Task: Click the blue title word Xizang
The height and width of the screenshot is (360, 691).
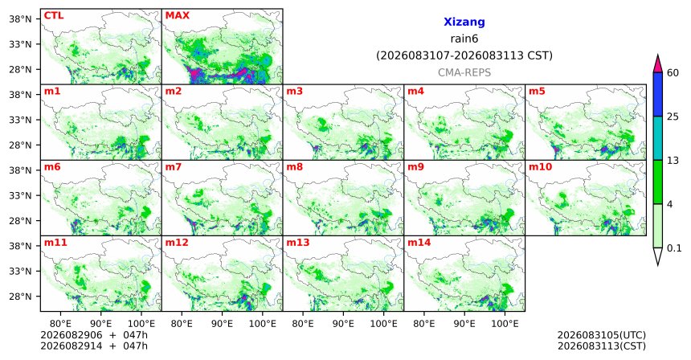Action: coord(464,22)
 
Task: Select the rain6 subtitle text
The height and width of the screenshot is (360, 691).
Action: coord(464,39)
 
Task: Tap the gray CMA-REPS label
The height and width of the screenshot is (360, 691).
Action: coord(464,72)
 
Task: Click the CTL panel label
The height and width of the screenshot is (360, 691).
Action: coord(54,16)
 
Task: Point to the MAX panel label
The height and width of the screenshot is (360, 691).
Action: coord(177,16)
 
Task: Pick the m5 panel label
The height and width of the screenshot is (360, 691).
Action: coord(537,92)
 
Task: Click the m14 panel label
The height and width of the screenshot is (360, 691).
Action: coord(419,243)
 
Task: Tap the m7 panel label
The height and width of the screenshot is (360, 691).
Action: coord(174,167)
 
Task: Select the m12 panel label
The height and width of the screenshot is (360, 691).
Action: coord(177,243)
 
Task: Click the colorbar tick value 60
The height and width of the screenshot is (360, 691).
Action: coord(673,73)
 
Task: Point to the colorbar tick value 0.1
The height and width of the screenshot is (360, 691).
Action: coord(674,248)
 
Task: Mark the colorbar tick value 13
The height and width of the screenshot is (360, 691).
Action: coord(673,161)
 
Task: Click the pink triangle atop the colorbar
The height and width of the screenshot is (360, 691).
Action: coord(658,64)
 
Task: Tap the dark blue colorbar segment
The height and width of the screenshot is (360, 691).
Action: coord(658,94)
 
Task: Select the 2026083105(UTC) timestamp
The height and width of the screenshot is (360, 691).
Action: coord(602,336)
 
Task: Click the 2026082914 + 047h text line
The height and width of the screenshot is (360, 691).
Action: coord(94,346)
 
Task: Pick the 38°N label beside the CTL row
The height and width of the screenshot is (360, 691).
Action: coord(20,19)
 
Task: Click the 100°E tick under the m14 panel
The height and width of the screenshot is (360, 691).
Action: coord(505,325)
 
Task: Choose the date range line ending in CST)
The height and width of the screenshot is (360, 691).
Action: coord(464,56)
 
